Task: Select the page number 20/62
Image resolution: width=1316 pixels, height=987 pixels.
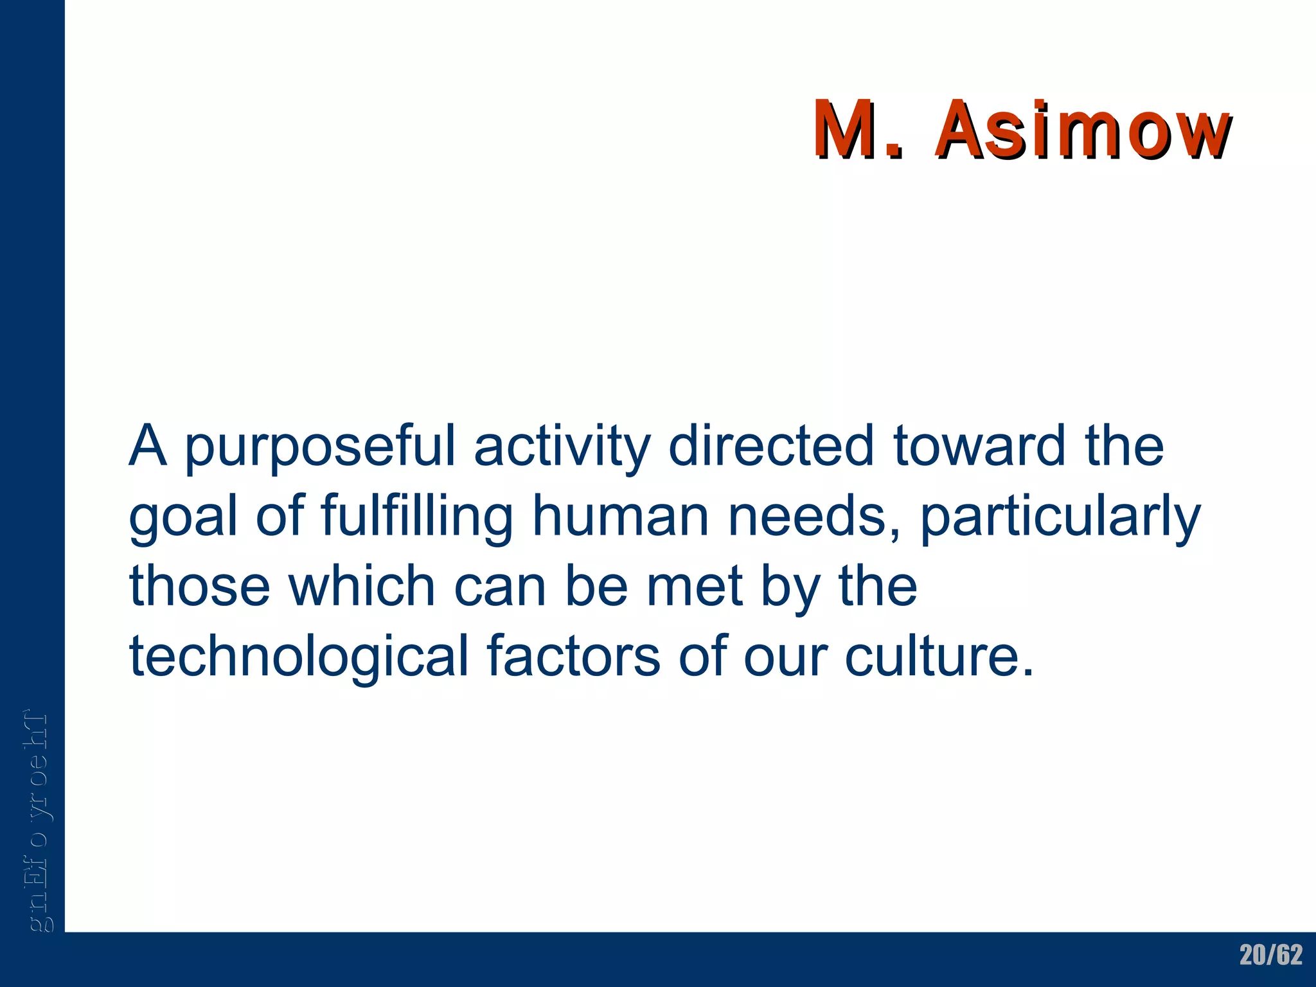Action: click(1271, 955)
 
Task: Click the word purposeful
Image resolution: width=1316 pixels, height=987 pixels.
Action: click(320, 447)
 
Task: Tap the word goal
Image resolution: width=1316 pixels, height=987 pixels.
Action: click(183, 518)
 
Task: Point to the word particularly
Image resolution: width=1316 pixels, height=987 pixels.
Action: click(1060, 518)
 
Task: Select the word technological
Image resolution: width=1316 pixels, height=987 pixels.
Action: click(299, 657)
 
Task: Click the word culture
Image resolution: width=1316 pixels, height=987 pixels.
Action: click(938, 657)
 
